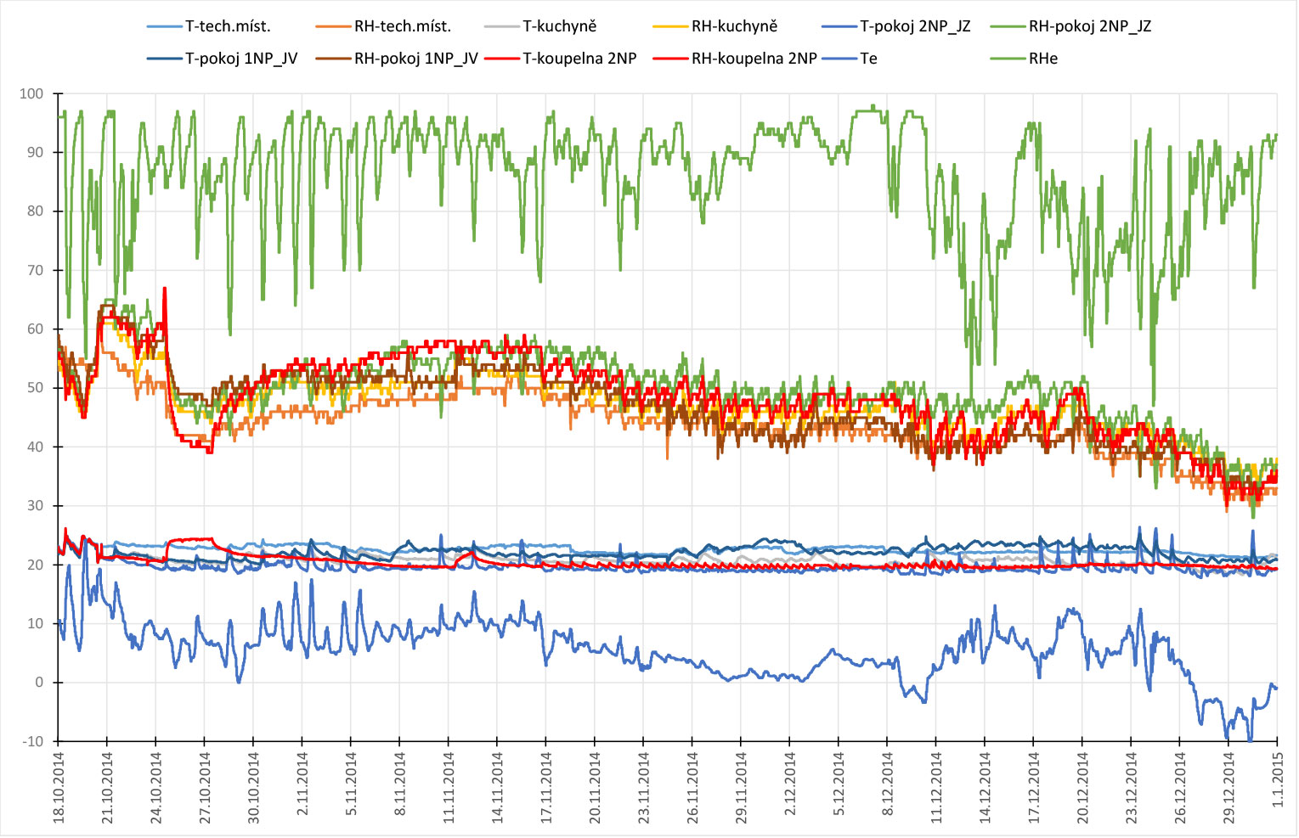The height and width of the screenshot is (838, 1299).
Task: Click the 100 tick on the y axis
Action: point(31,93)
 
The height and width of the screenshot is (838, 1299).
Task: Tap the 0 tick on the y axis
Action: point(38,683)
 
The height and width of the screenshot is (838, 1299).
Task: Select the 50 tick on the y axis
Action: point(35,388)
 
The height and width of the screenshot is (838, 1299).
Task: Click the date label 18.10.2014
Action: point(59,785)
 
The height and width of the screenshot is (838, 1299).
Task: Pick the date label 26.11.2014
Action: point(693,785)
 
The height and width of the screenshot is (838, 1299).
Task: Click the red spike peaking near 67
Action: point(165,290)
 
